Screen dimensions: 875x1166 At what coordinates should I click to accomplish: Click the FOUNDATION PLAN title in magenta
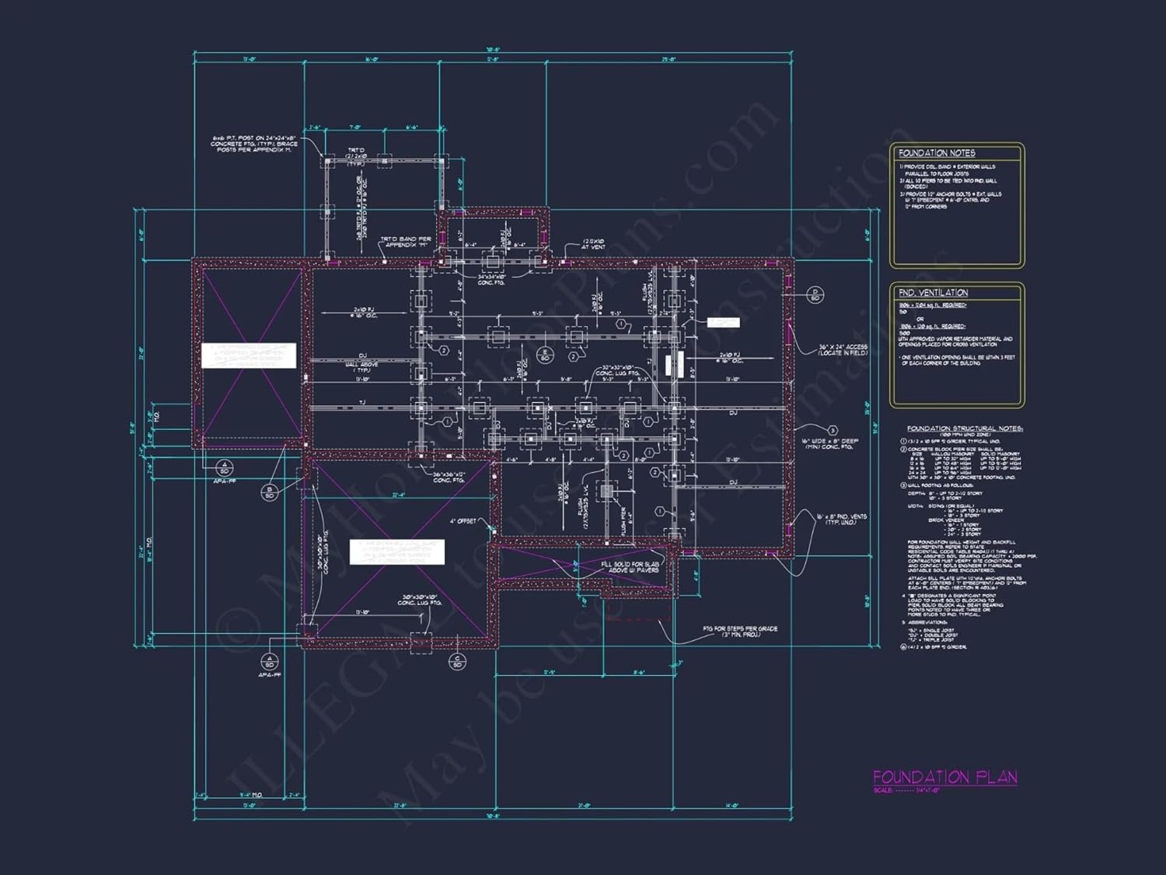click(944, 777)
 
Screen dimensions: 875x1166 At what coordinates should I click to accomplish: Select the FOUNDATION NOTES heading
click(937, 153)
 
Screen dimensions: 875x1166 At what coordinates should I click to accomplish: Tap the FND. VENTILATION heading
click(933, 292)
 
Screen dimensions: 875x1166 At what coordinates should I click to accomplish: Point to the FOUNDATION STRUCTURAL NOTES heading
click(965, 429)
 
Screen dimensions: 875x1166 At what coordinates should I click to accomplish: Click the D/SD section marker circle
click(815, 295)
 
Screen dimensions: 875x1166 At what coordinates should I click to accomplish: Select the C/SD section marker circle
click(457, 661)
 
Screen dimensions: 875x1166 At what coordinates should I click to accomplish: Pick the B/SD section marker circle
click(270, 492)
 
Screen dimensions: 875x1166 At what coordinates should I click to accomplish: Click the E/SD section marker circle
click(545, 355)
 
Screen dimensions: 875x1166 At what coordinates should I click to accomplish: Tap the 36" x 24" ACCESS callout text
click(843, 350)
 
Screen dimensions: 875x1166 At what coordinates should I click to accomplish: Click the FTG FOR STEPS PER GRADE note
click(739, 632)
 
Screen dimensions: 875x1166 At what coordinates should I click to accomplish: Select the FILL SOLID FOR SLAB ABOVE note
click(630, 567)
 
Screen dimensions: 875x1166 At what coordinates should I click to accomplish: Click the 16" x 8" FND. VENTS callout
click(841, 520)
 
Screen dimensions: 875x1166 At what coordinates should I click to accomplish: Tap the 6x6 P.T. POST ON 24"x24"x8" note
click(253, 144)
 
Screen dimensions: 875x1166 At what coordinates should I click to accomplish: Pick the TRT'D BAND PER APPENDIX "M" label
click(405, 242)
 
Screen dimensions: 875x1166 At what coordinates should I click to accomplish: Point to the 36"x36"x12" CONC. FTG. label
click(449, 478)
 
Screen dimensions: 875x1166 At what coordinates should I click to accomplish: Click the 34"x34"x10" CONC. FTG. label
click(491, 279)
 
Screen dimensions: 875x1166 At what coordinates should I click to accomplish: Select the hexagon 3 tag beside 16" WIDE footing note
click(833, 430)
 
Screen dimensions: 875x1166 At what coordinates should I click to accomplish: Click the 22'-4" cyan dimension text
click(398, 495)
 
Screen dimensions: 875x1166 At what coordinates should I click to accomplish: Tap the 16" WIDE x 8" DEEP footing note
click(830, 444)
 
